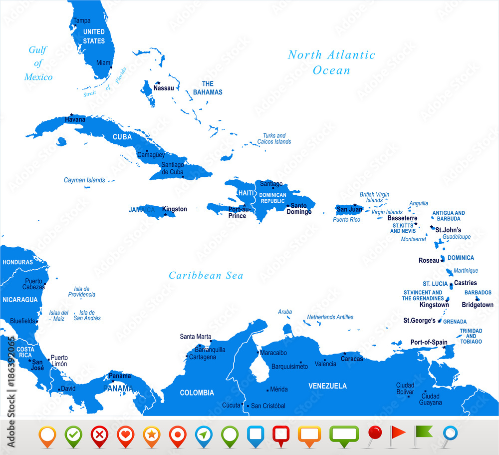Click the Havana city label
75,120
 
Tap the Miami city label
104,62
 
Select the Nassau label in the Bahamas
164,88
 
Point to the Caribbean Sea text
206,275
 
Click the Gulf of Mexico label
38,63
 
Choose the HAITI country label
246,193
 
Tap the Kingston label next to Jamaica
175,209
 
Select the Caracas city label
352,359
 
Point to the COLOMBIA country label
197,393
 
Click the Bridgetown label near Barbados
477,305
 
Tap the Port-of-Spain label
429,342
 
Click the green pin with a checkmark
73,435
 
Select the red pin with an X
99,435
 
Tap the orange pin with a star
151,435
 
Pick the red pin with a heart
125,435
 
